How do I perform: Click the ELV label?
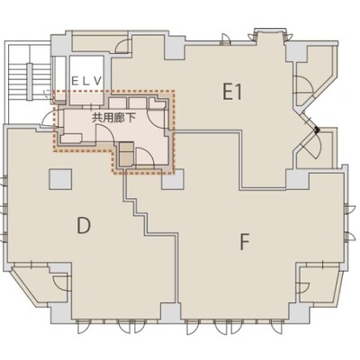(87, 80)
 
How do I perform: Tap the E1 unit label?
(232, 92)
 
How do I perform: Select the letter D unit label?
(84, 226)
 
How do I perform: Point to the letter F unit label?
(245, 242)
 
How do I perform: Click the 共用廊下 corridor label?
(113, 118)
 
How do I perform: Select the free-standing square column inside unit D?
(60, 179)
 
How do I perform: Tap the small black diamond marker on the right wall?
(317, 130)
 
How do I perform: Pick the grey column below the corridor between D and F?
(173, 180)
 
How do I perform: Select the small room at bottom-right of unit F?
(319, 283)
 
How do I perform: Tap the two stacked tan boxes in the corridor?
(126, 154)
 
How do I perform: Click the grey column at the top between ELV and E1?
(175, 48)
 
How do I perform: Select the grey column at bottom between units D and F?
(170, 312)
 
